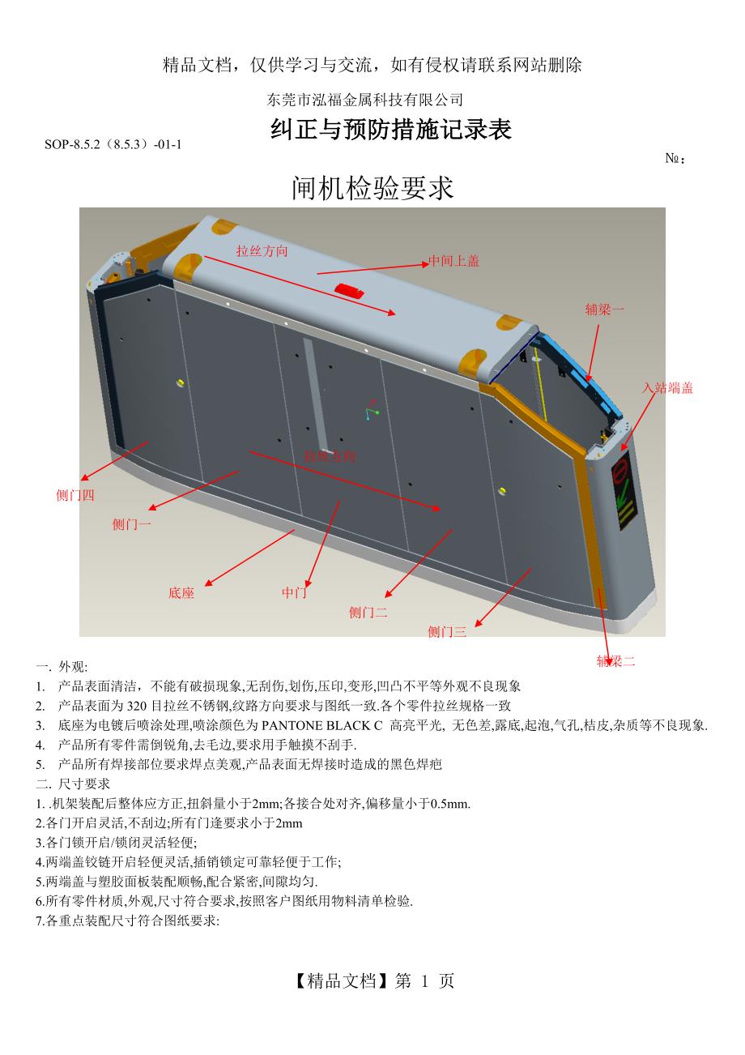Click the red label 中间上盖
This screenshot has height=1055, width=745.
pos(454,260)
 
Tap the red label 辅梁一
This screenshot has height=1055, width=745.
pos(604,310)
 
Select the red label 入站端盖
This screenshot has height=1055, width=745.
pos(668,387)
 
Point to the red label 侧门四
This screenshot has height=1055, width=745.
pos(75,495)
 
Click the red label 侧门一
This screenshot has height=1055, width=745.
pos(132,524)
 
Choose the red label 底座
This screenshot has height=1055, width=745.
pos(181,592)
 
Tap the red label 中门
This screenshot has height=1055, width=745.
pos(294,592)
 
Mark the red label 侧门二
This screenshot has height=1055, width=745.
pos(368,613)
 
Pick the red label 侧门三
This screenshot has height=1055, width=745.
pos(447,631)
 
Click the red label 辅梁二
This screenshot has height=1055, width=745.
pos(616,661)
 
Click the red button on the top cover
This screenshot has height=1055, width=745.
pos(349,290)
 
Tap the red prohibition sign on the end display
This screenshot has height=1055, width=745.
pos(620,468)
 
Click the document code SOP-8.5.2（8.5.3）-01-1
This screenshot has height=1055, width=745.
pos(113,144)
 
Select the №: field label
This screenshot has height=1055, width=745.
pos(675,158)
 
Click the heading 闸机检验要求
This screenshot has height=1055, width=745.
pos(372,187)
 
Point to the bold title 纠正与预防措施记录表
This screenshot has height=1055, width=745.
pos(390,129)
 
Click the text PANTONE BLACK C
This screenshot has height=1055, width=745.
pos(322,725)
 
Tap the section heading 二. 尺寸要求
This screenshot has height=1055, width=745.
pos(73,784)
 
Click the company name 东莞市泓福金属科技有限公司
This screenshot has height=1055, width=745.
pos(364,100)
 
